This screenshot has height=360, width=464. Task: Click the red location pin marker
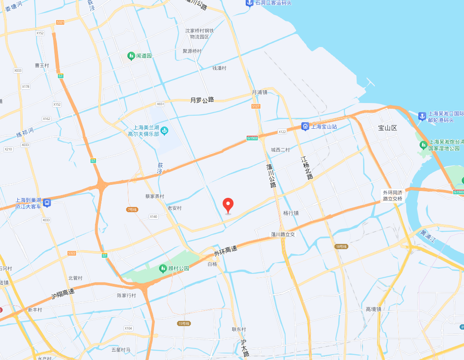[228, 205]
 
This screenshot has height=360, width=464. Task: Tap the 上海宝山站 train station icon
[305, 127]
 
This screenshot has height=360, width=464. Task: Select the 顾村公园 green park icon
[163, 268]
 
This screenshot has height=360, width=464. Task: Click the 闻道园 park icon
[131, 56]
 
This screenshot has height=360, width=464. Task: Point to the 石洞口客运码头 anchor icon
[250, 3]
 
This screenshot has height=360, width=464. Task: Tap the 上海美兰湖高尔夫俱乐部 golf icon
[164, 130]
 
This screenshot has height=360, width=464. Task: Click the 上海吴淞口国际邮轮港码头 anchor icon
[421, 116]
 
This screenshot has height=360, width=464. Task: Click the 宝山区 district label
[388, 128]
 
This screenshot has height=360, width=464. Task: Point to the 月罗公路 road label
[202, 100]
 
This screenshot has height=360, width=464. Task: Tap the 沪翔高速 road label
[63, 294]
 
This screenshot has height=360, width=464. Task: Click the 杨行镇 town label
[291, 213]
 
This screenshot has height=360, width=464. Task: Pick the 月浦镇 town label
[260, 92]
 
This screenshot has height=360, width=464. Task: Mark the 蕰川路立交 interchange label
[283, 234]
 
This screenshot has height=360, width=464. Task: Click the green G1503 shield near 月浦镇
[252, 138]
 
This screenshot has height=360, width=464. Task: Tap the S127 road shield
[256, 106]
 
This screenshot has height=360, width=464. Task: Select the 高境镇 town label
[373, 309]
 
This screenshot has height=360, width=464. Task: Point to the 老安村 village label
[174, 208]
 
